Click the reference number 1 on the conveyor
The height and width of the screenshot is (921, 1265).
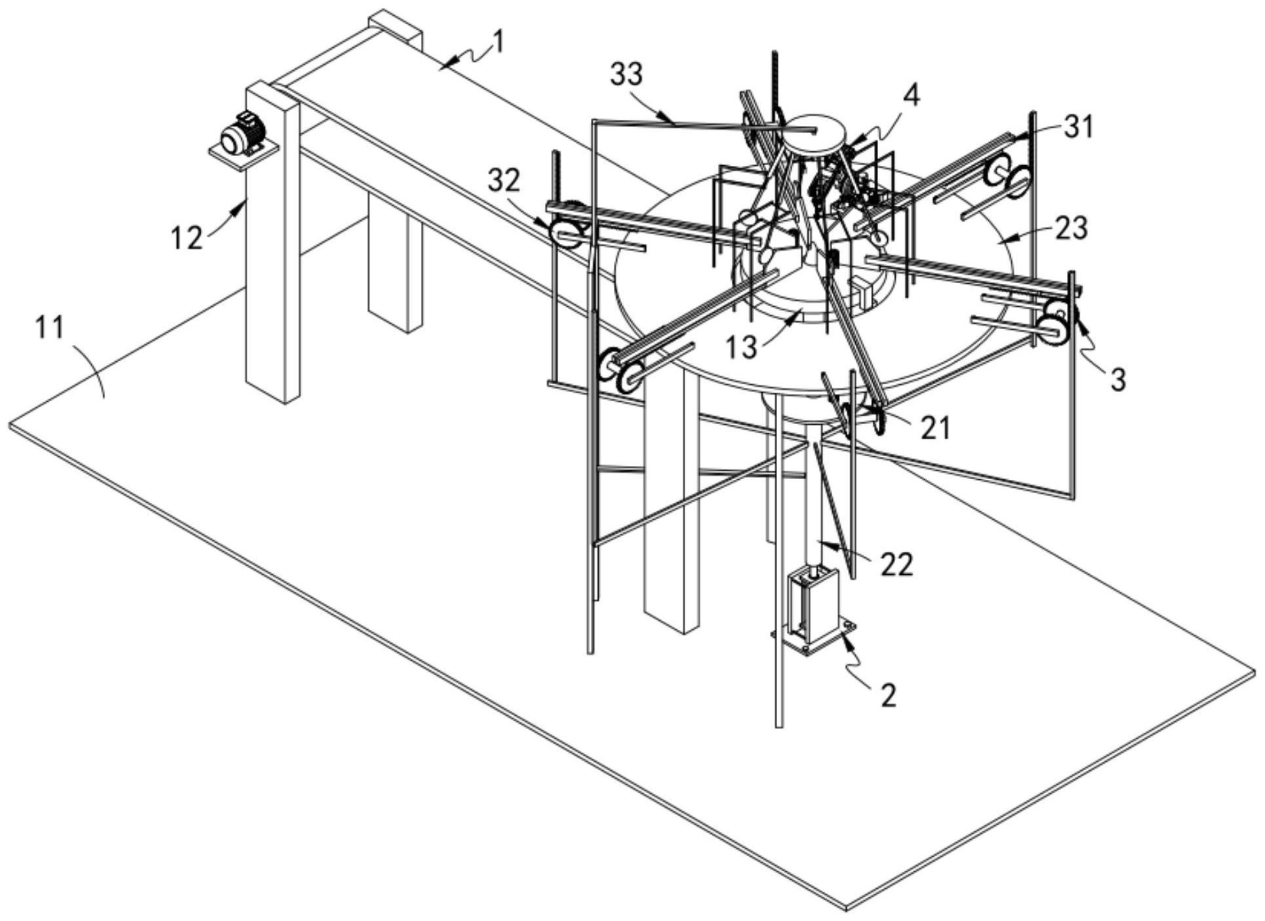[x=498, y=43]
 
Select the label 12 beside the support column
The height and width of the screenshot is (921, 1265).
[x=187, y=237]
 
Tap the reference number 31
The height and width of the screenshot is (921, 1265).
[x=1079, y=127]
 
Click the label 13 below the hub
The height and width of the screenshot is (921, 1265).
[x=741, y=346]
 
